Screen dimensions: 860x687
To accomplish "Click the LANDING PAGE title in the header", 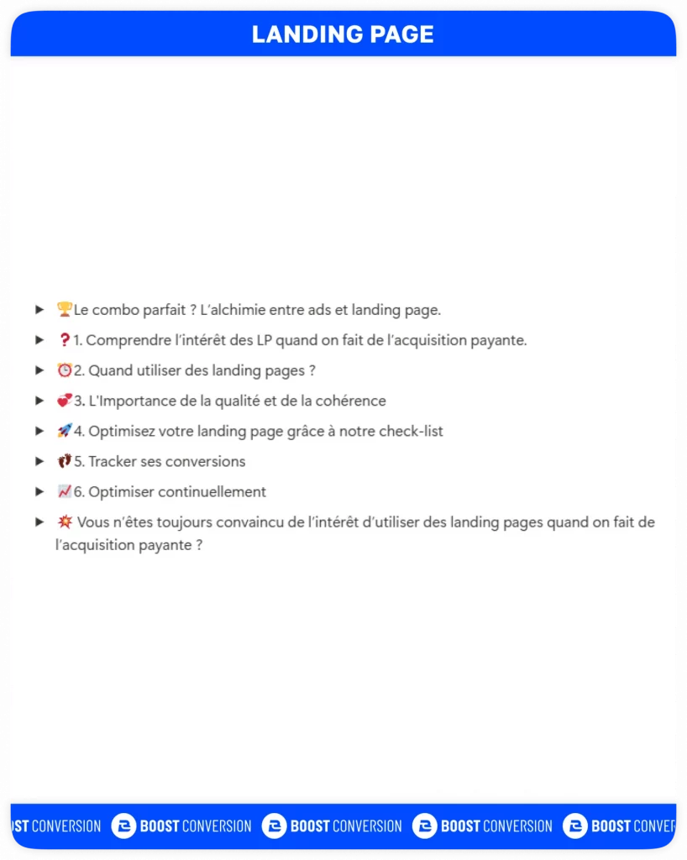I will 343,34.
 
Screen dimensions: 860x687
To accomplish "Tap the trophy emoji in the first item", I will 64,310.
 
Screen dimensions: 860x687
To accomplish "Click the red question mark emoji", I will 64,340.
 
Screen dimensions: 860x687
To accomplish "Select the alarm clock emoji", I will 64,370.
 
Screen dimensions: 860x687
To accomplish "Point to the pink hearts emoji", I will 64,401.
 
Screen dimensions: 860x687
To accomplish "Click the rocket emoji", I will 64,431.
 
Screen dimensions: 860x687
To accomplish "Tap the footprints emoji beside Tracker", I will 64,461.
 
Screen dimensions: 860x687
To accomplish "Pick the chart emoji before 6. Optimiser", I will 64,491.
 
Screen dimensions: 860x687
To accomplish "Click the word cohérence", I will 350,401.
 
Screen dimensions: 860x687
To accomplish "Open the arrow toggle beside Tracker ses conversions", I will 39,461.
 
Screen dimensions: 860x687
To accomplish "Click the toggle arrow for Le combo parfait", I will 39,310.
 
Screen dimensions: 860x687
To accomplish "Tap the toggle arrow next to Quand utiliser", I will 39,370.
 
